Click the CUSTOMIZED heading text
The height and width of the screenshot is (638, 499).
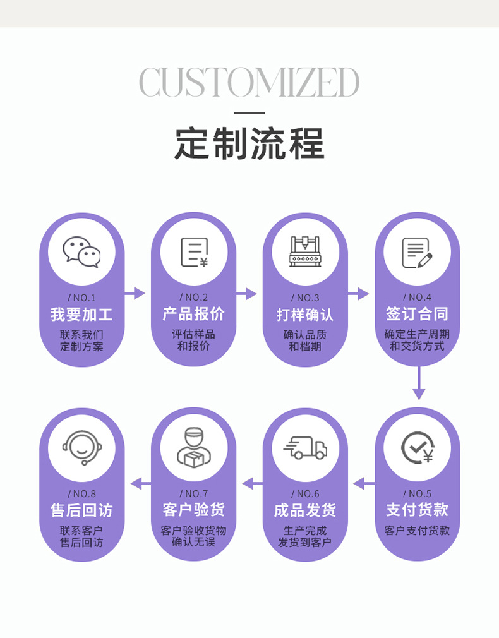[x=249, y=82]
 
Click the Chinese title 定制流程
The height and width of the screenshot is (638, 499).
[x=249, y=144]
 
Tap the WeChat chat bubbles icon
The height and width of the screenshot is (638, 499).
[x=81, y=252]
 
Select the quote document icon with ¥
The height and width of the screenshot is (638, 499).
[x=193, y=252]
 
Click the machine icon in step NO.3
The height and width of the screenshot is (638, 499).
[x=305, y=251]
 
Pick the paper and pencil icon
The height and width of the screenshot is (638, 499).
[x=417, y=252]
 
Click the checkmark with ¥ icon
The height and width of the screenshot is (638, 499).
[x=417, y=448]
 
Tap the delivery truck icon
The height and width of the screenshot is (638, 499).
[x=305, y=448]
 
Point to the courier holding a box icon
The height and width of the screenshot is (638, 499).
[x=193, y=448]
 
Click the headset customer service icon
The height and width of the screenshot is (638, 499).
[x=81, y=448]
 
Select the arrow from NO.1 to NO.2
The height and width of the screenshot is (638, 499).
[x=135, y=293]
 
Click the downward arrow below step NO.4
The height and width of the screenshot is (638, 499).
[x=418, y=383]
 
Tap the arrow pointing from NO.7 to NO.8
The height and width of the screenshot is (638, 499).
[x=141, y=484]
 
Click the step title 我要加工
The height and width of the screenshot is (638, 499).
[x=81, y=314]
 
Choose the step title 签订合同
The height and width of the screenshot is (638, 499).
[x=417, y=314]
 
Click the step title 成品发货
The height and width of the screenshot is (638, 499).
[x=305, y=510]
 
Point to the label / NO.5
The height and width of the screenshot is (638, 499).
[x=417, y=493]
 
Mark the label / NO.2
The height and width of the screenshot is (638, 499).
[x=193, y=297]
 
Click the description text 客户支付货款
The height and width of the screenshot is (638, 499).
[x=417, y=531]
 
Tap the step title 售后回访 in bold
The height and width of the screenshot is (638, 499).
[x=81, y=510]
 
